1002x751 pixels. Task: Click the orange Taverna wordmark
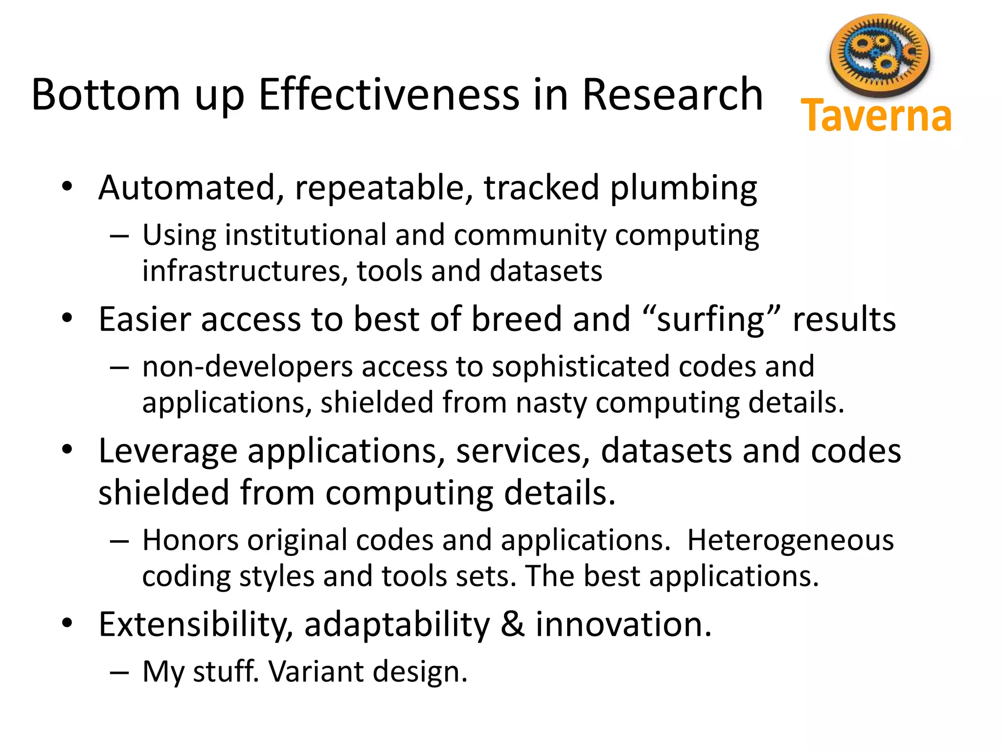(876, 116)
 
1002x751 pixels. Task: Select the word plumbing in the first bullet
(683, 188)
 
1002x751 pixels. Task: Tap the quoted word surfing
(711, 320)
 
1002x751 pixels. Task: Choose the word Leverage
(168, 451)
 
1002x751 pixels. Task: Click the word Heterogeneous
(790, 540)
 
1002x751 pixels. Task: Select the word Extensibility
(196, 625)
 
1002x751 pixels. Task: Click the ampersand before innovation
(512, 625)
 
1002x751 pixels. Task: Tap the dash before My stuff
(119, 672)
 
